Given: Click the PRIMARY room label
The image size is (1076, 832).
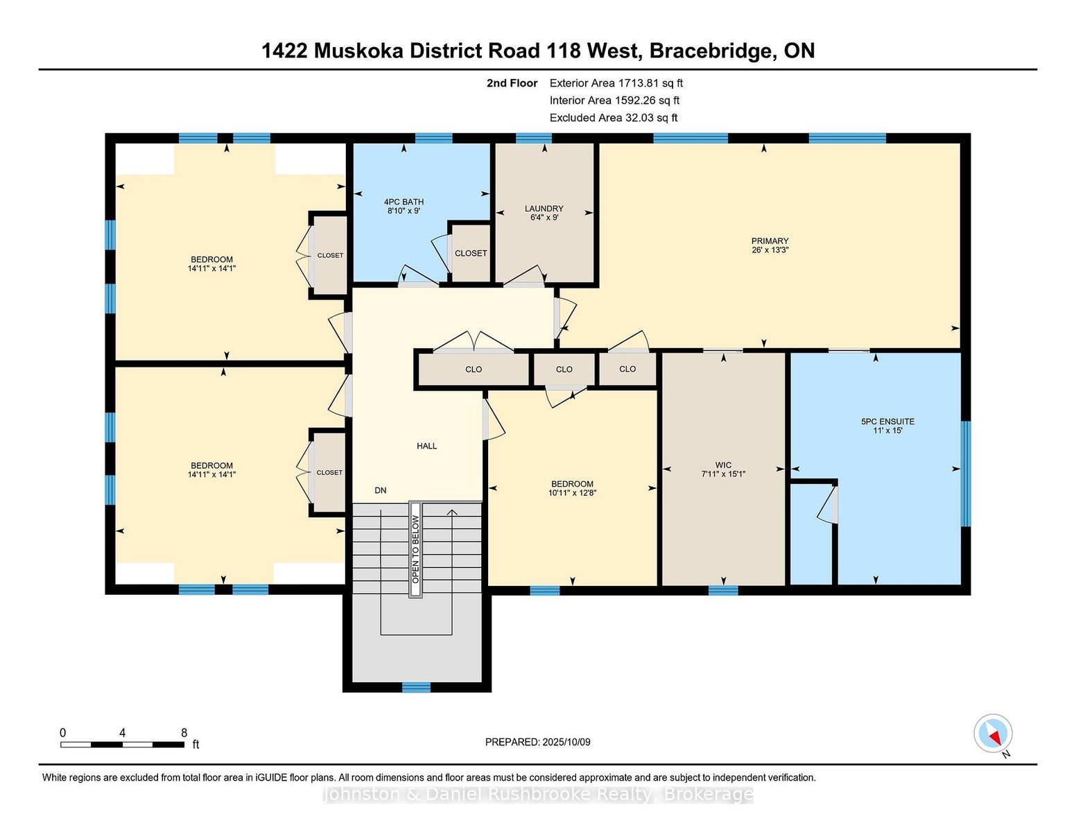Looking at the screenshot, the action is [770, 241].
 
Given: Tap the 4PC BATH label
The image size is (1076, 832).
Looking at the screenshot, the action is [403, 202].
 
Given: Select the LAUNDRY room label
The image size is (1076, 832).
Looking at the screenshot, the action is [544, 209].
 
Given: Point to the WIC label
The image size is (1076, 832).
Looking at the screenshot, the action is [723, 465].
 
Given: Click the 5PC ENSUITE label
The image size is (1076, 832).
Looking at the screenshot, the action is [888, 422].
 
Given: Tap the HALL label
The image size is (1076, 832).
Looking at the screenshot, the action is [427, 446].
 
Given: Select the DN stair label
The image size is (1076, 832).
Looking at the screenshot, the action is [381, 490].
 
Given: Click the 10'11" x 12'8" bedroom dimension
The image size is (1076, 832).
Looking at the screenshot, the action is [573, 493].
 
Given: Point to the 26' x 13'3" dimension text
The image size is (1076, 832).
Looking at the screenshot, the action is [770, 250].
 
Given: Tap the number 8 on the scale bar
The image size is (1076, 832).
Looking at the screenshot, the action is [184, 733].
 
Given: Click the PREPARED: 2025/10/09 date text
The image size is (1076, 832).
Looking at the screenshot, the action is [538, 742].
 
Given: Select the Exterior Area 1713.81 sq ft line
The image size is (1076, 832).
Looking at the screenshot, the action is [616, 83].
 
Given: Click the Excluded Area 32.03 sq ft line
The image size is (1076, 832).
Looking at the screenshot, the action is [614, 118].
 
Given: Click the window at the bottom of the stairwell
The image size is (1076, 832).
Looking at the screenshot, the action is [417, 688].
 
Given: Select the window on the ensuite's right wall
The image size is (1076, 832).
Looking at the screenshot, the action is [966, 474].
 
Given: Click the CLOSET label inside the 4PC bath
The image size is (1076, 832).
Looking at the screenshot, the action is [471, 253].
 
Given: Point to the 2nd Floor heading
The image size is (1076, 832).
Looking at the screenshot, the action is [512, 83].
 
